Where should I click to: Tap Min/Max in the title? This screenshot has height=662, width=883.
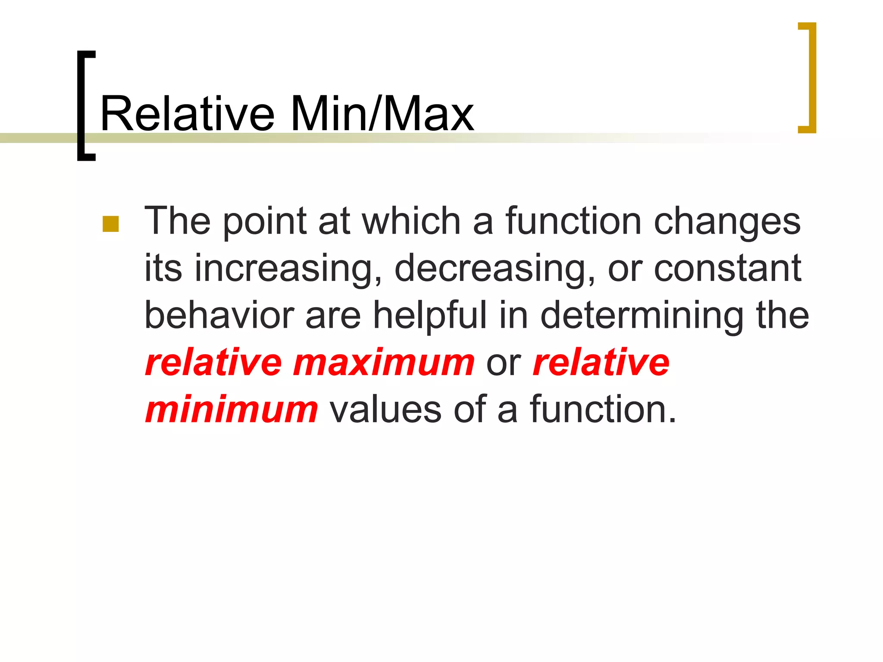(x=382, y=114)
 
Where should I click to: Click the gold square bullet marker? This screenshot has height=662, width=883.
(x=111, y=224)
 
